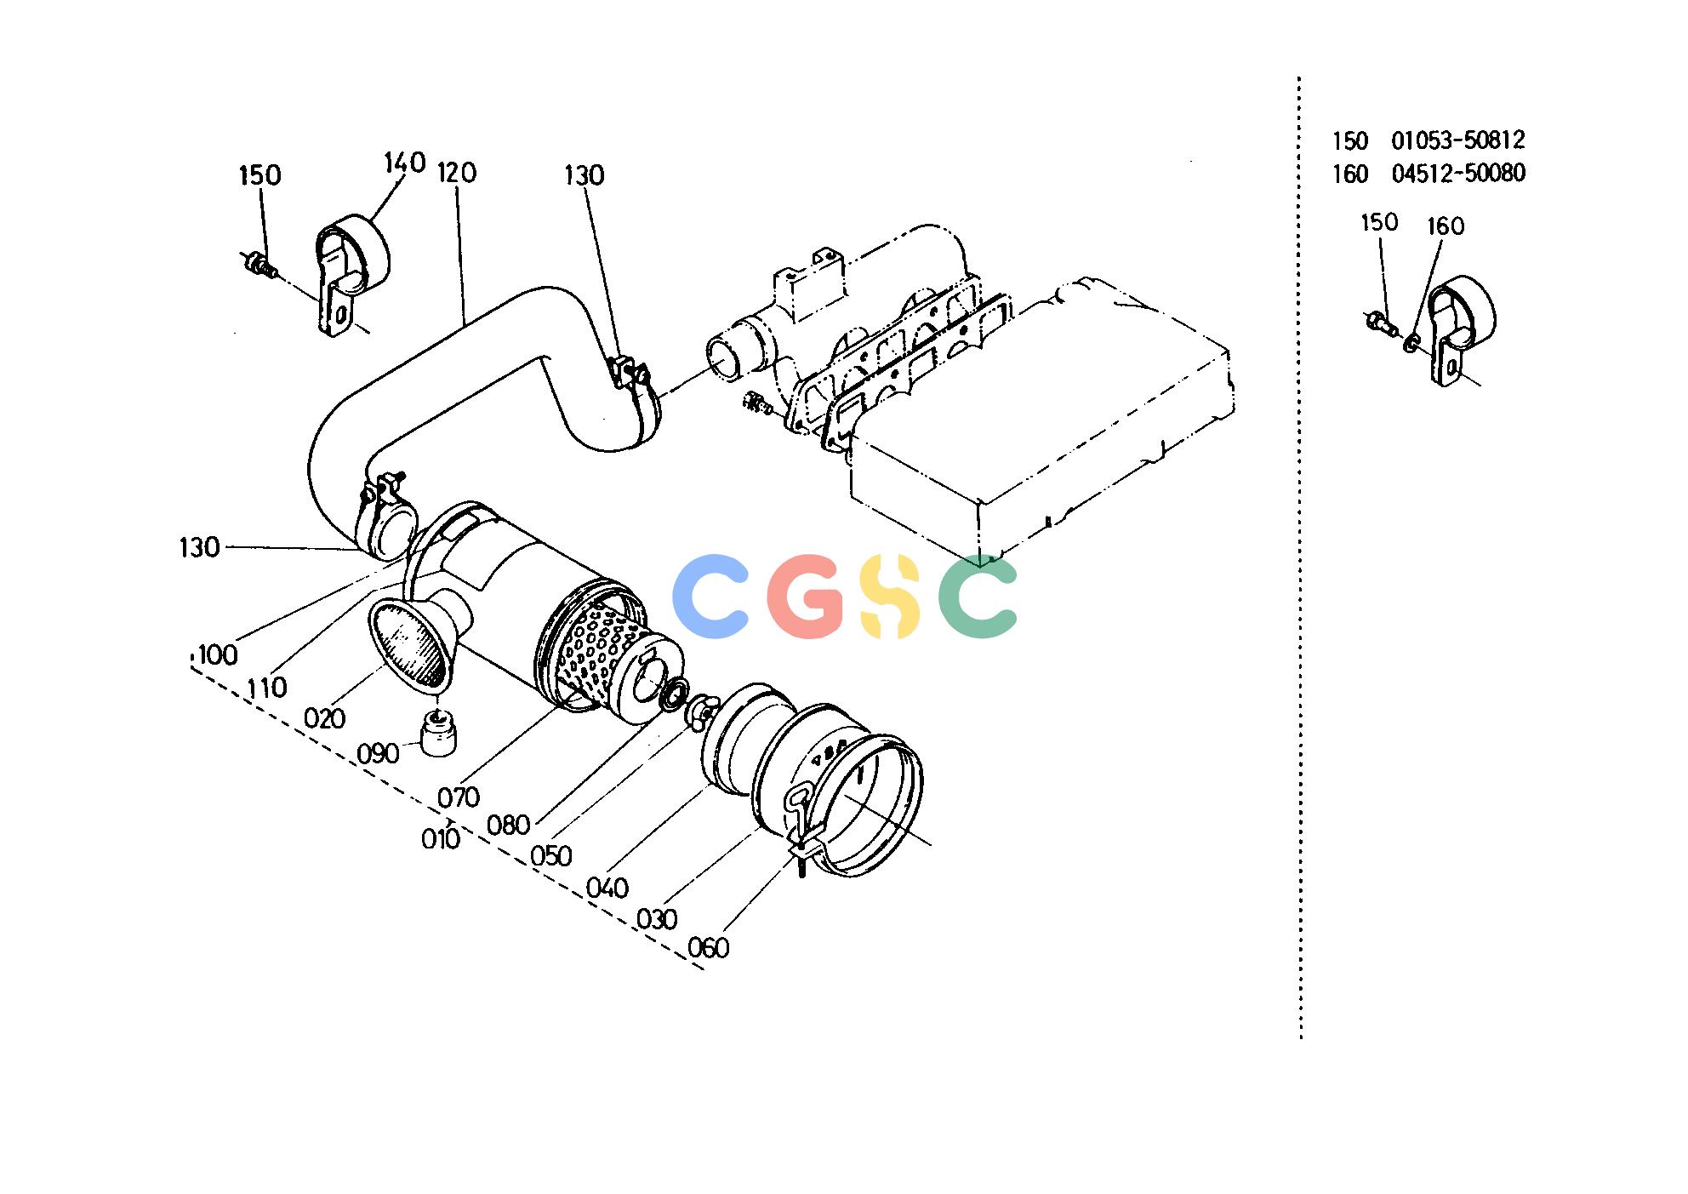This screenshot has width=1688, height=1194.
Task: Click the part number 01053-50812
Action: click(x=1458, y=140)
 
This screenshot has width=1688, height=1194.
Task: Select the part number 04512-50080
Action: click(x=1458, y=174)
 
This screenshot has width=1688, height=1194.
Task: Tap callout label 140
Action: click(x=404, y=162)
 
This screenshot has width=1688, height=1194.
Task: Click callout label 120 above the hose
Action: click(x=457, y=173)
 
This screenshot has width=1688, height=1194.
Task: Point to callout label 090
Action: click(x=378, y=754)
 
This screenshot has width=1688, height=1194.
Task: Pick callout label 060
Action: click(x=708, y=947)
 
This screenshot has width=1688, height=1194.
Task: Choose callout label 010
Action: click(x=441, y=839)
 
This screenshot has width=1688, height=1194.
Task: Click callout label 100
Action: click(x=217, y=654)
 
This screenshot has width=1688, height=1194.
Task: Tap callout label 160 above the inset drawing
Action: click(x=1446, y=226)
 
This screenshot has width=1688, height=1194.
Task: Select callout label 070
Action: click(x=459, y=797)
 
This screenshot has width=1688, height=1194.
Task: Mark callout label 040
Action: click(x=607, y=888)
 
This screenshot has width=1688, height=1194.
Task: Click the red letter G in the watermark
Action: click(x=805, y=596)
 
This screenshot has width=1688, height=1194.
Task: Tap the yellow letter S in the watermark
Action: click(x=890, y=596)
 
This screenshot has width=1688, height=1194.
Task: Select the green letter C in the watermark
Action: click(x=978, y=596)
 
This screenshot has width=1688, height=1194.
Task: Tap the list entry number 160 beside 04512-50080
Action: click(x=1350, y=174)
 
